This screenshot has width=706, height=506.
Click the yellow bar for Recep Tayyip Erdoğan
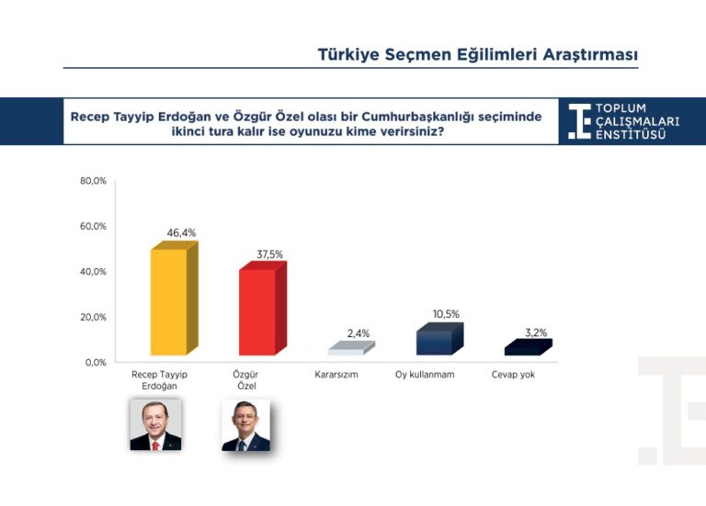tap(175, 298)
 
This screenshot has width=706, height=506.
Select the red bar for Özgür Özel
tap(263, 309)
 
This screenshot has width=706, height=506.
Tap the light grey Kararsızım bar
tap(351, 348)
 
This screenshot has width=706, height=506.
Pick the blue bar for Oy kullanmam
tap(439, 339)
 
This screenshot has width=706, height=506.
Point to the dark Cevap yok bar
tap(529, 347)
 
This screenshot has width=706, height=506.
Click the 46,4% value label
tap(181, 233)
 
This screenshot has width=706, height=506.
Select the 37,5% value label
tap(269, 254)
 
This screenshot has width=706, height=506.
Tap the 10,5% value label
tap(446, 314)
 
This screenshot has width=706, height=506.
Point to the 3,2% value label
tap(536, 332)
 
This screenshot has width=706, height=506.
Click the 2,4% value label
tap(359, 333)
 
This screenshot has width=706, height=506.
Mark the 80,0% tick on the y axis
tap(93, 181)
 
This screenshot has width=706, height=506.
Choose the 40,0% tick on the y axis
tap(93, 272)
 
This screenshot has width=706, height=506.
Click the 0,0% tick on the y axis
tap(96, 363)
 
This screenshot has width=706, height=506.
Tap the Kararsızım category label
tap(336, 375)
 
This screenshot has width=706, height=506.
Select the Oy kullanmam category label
tap(425, 375)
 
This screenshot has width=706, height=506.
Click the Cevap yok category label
tap(513, 375)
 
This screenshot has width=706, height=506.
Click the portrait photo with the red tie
tap(155, 424)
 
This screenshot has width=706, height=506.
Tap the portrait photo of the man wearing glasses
tap(245, 425)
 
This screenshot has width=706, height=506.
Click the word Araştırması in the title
tap(590, 55)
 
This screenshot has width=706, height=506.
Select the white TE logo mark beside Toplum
tap(579, 121)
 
